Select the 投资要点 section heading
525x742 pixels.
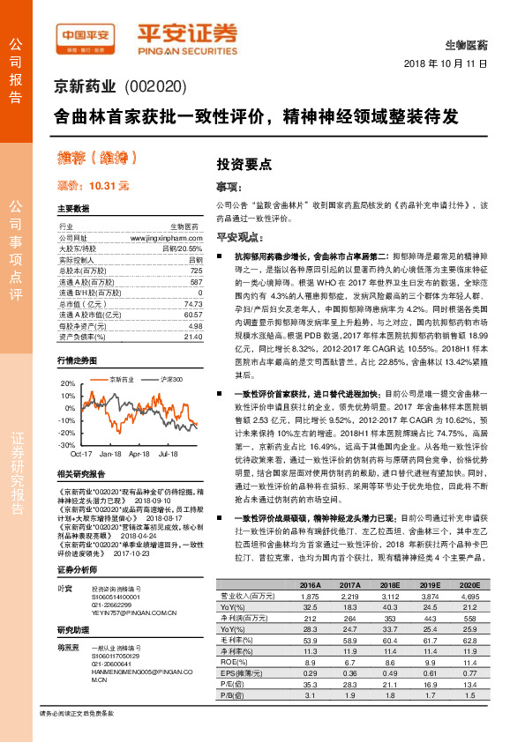tap(244, 164)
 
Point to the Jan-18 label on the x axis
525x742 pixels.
tap(110, 454)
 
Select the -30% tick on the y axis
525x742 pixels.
tap(66, 446)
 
